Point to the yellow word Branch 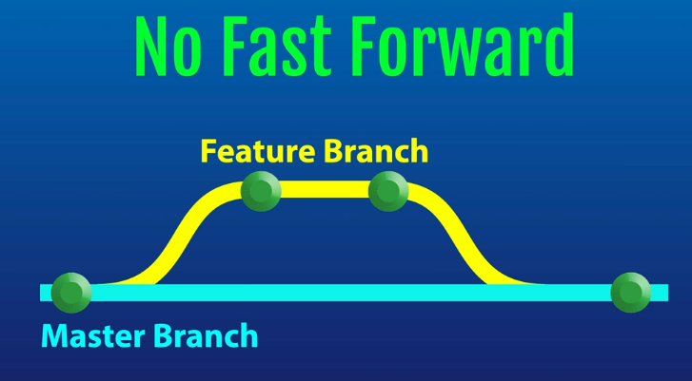(375, 151)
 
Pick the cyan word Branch (208, 335)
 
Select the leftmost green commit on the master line (71, 292)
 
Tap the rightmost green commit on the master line (630, 292)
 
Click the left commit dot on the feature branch (261, 191)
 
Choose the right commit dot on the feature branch (388, 191)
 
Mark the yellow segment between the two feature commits (325, 190)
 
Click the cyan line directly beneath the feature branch (325, 293)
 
